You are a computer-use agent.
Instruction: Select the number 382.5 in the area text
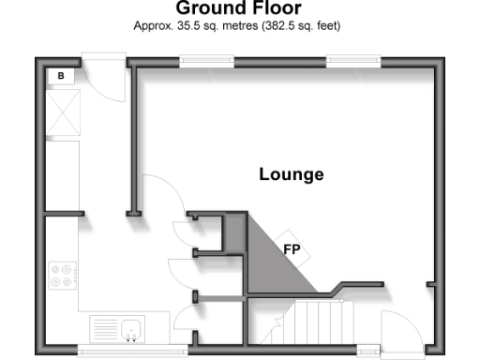coord(289,25)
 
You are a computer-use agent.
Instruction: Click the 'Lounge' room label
coord(292,174)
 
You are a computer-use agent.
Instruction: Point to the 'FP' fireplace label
coord(292,249)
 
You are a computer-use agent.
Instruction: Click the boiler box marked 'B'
coord(61,74)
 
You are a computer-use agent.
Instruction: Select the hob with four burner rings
coord(65,276)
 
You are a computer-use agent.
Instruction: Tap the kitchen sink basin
coord(131,329)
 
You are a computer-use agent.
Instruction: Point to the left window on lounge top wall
coord(207,62)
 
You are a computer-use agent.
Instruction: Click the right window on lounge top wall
coord(354,62)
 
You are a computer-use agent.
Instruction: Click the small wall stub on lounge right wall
coord(430,281)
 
